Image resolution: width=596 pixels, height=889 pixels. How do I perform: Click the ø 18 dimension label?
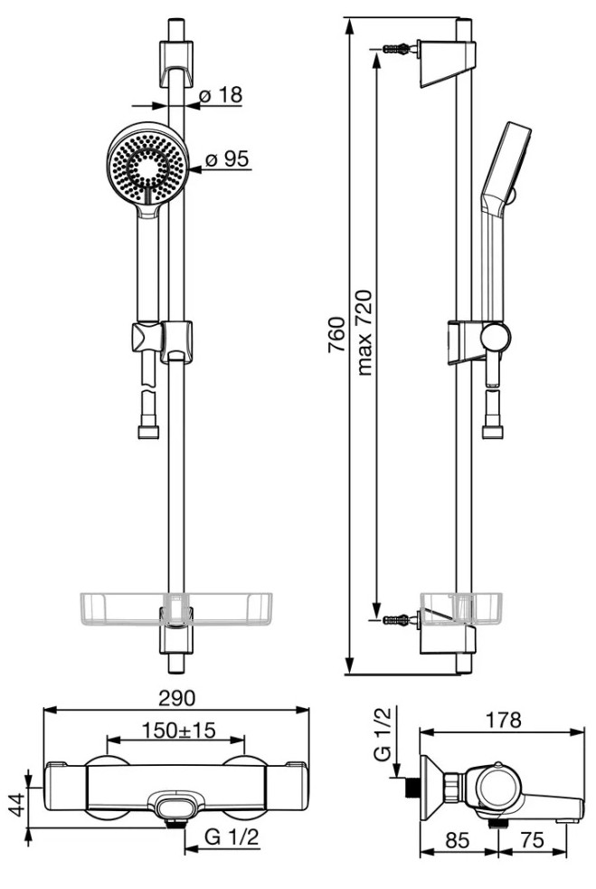point(221,95)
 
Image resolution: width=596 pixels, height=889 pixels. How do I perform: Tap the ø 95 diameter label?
point(227,159)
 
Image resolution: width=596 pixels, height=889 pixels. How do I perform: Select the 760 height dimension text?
point(336,335)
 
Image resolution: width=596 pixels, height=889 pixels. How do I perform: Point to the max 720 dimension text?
point(364,332)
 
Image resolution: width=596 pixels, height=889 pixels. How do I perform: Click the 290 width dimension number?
point(176,698)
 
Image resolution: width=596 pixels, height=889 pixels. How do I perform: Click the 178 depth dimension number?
point(503,720)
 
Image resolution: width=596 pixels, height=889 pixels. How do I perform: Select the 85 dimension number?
point(458,840)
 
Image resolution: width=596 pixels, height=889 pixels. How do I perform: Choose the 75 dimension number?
point(532,840)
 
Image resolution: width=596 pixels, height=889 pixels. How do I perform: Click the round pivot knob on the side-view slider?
point(495,338)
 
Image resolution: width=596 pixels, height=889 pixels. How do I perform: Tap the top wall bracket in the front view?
point(176,63)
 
